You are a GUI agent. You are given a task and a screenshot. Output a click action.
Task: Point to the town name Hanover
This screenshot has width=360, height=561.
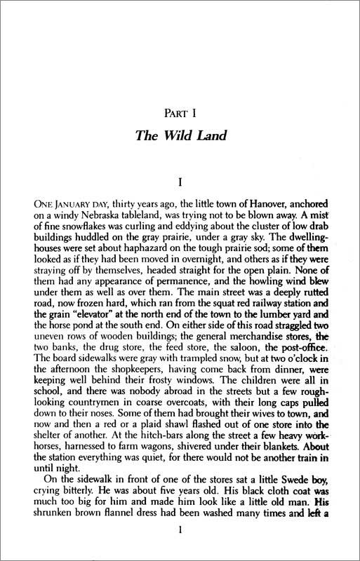(251, 207)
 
